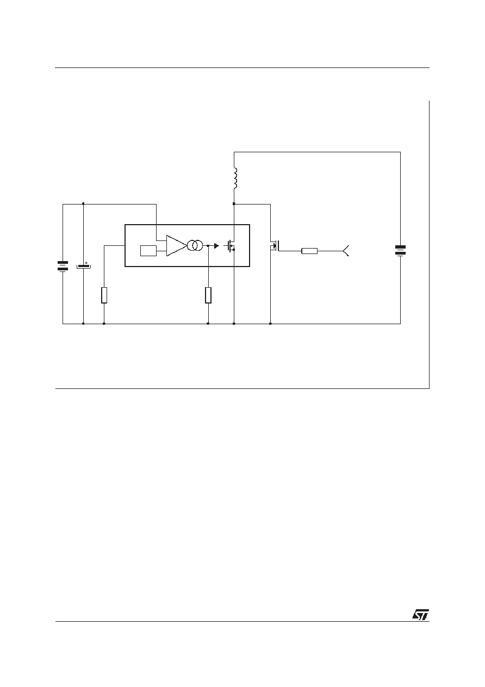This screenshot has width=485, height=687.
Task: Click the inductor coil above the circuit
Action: (x=235, y=178)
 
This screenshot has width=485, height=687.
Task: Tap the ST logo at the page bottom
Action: (x=420, y=615)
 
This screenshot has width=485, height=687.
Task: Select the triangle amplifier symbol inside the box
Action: (x=176, y=246)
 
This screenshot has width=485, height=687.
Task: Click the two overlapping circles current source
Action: (x=195, y=245)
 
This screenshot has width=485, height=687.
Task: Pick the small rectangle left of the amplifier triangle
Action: (x=148, y=251)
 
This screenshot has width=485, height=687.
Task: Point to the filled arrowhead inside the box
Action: (x=216, y=246)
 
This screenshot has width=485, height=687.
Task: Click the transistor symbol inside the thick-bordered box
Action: (x=230, y=246)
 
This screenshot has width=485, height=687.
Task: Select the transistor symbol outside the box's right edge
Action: (x=275, y=246)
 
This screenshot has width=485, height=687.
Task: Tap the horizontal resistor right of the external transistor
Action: (x=309, y=251)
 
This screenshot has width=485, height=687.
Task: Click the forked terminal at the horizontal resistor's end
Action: (x=346, y=251)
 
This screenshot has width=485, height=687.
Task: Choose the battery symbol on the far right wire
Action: (x=400, y=250)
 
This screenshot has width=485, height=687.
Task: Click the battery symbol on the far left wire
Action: (x=63, y=266)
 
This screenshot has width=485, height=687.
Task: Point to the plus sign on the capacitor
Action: (x=86, y=263)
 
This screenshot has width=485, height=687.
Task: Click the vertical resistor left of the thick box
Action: (x=104, y=295)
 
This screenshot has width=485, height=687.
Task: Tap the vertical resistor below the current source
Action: (x=208, y=295)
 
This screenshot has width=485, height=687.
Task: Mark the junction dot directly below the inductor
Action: (x=234, y=203)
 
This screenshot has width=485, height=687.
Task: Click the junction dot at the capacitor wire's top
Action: (x=83, y=203)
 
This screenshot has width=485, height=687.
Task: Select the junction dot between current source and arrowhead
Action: (x=208, y=246)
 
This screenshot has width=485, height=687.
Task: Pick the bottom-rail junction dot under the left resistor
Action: (x=104, y=324)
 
